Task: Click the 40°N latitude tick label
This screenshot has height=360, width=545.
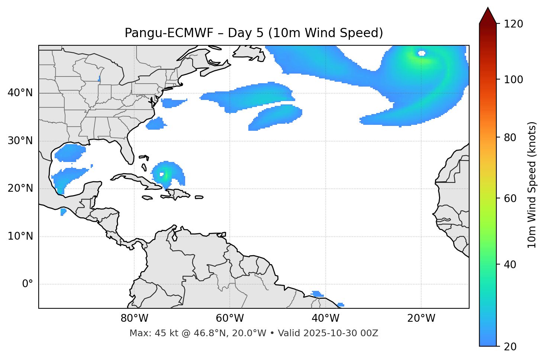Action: coord(20,93)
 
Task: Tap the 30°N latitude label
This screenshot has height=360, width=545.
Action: coord(20,141)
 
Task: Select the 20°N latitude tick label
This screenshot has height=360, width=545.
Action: coord(20,188)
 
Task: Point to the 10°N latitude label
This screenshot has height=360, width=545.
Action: coord(20,236)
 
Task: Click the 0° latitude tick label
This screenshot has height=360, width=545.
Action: coord(27,284)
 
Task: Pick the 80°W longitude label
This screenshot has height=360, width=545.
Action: coord(134,318)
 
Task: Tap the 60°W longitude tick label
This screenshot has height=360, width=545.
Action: coord(230,318)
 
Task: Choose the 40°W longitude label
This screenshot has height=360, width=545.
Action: coord(325,318)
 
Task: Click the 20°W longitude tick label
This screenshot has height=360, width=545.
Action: coord(421,318)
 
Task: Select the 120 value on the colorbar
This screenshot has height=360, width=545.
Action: coord(513,24)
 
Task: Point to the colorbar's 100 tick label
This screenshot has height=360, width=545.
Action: coord(513,80)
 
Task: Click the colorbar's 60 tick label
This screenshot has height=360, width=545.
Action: coord(510,198)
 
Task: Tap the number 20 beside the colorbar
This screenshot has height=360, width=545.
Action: coord(510,347)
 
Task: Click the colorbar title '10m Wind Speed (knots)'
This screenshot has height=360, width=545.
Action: coord(532,185)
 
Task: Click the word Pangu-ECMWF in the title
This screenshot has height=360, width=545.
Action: coord(169,33)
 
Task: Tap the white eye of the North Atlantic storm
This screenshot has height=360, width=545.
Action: coord(422,53)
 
